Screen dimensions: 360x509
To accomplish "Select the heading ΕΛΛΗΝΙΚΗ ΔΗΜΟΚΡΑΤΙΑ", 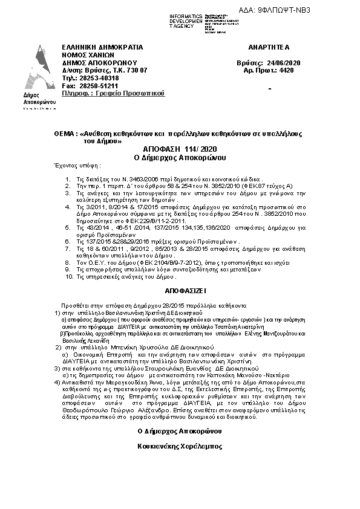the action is (102, 47).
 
